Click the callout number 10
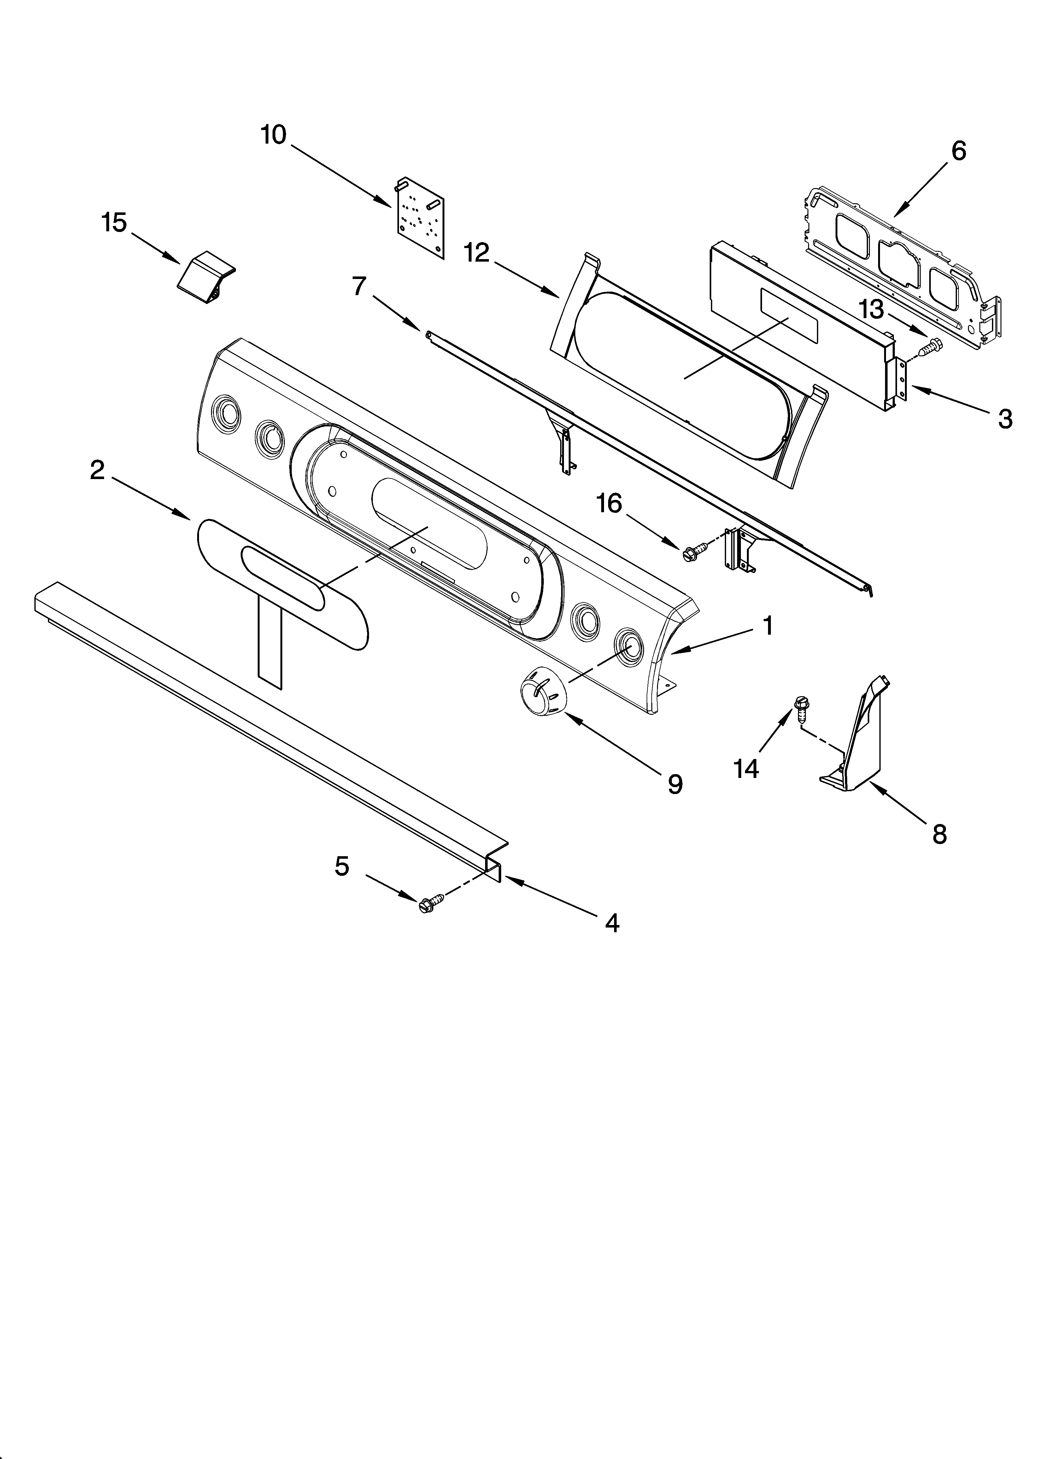point(273,136)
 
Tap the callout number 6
point(958,151)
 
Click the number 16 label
point(609,504)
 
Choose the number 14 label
point(746,768)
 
